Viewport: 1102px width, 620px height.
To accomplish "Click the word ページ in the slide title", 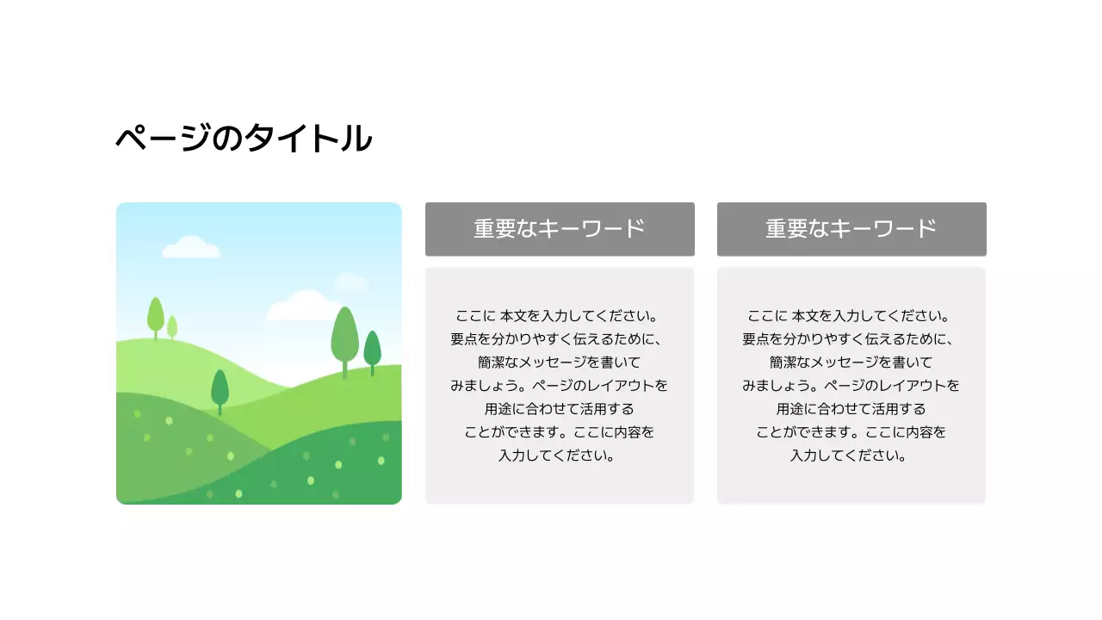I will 163,139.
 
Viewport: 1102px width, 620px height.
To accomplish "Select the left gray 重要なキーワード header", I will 560,229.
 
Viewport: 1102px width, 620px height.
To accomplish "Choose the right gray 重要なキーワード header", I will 851,229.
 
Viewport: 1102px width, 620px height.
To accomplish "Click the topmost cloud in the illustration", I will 191,248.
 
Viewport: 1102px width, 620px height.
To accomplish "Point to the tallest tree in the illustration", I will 344,338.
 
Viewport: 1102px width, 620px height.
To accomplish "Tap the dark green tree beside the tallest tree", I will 372,350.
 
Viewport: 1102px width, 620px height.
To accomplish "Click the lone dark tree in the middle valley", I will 220,389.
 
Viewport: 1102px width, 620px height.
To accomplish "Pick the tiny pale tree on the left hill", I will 172,327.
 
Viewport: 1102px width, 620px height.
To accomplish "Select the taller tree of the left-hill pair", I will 156,316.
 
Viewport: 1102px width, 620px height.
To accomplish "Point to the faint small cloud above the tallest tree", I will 350,282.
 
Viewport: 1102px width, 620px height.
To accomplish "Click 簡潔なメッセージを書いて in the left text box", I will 560,363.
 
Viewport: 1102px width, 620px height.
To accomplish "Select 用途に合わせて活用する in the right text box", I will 851,409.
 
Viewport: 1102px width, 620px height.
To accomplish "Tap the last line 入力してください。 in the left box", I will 560,456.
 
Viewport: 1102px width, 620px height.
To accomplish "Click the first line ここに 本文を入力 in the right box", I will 851,316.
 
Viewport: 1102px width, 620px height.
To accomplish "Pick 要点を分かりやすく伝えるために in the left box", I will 560,339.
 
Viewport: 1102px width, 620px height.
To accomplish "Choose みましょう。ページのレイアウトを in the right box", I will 851,386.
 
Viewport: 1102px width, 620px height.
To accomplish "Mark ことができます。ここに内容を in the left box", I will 560,432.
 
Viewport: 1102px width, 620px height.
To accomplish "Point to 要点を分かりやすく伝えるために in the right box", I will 851,339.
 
